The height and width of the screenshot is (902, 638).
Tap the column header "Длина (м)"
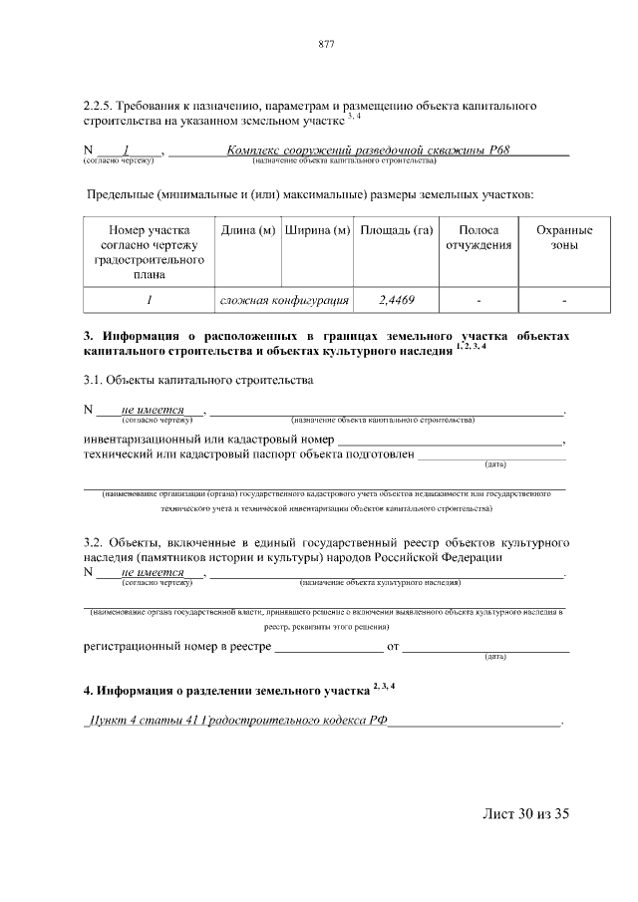pyautogui.click(x=248, y=231)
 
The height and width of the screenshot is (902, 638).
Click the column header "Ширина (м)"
pyautogui.click(x=317, y=231)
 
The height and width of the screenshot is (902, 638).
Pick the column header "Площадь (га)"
pyautogui.click(x=396, y=231)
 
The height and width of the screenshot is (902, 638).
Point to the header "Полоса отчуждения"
pyautogui.click(x=478, y=238)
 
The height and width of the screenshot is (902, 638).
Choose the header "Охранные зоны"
pyautogui.click(x=564, y=238)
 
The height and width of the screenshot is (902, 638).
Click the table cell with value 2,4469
pyautogui.click(x=396, y=299)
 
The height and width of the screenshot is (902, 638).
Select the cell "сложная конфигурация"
pyautogui.click(x=283, y=299)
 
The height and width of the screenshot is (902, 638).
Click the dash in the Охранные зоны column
pyautogui.click(x=564, y=299)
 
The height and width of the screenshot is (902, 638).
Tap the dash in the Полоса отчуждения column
pyautogui.click(x=478, y=299)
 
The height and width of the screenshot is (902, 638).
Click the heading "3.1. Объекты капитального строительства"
pyautogui.click(x=198, y=380)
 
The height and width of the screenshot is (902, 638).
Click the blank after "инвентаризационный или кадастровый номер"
pyautogui.click(x=450, y=440)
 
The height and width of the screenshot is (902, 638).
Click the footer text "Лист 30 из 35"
pyautogui.click(x=524, y=814)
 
